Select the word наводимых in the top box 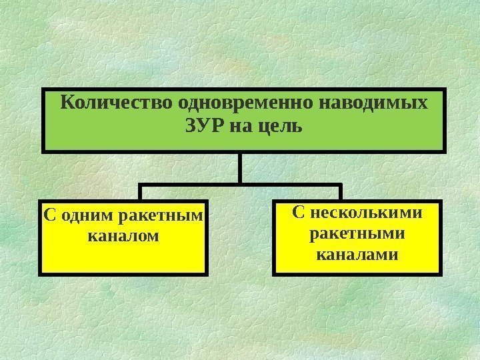(x=375, y=104)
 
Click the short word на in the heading (x=238, y=125)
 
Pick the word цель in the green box (x=276, y=125)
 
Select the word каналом (x=123, y=235)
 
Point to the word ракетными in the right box (x=357, y=234)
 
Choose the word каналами (x=357, y=254)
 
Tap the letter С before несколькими (x=298, y=213)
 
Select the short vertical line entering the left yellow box (x=141, y=192)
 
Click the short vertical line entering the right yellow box (x=341, y=192)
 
